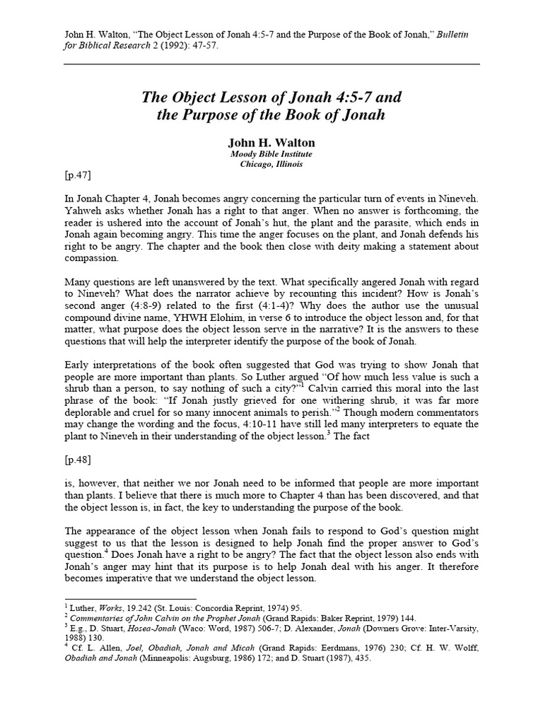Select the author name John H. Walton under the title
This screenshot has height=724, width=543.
tap(271, 143)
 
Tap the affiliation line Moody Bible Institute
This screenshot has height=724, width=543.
tap(271, 154)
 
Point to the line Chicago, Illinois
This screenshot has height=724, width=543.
tap(271, 164)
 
